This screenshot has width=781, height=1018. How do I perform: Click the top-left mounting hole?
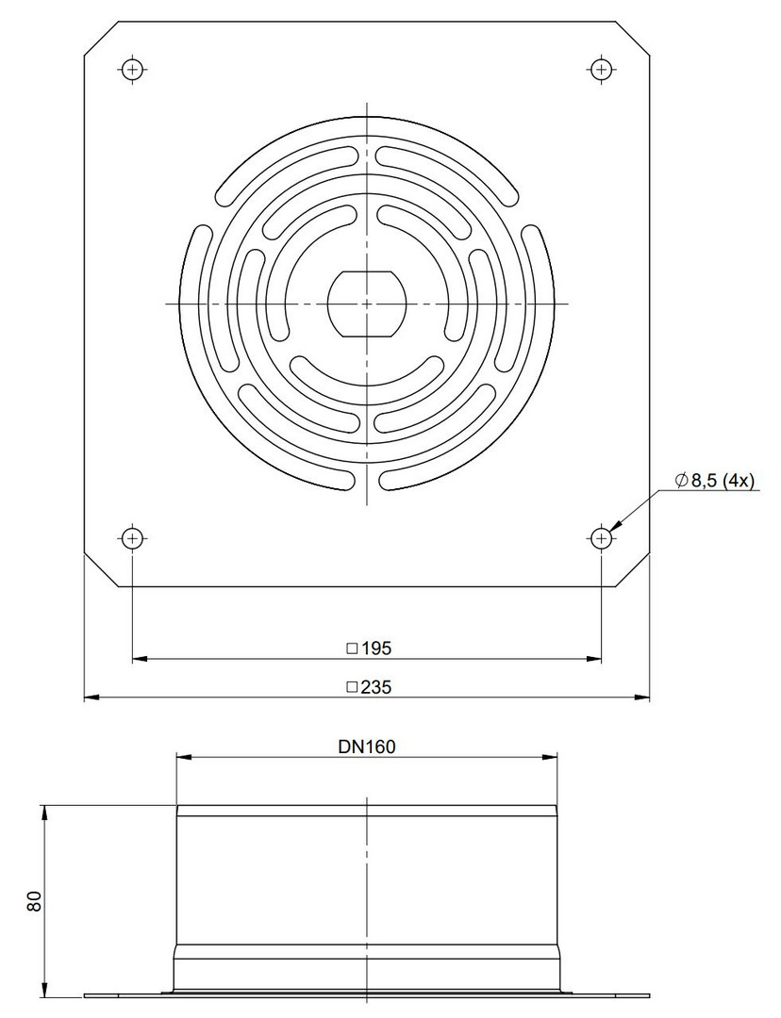tap(133, 69)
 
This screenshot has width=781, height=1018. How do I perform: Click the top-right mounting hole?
tap(601, 69)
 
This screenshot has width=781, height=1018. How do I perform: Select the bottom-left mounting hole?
tap(133, 537)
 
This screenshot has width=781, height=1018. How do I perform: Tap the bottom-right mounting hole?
tap(601, 537)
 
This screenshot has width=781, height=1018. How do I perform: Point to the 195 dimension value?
tap(377, 648)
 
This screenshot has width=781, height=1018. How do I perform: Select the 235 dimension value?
tap(377, 687)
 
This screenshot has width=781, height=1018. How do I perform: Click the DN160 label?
tap(367, 747)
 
